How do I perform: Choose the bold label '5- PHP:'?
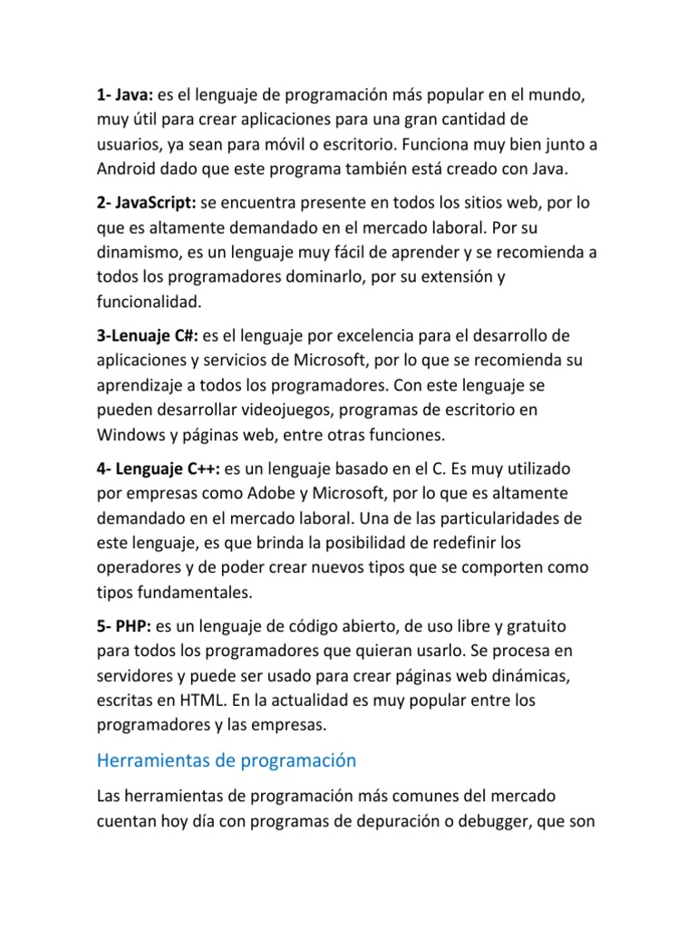pyautogui.click(x=125, y=627)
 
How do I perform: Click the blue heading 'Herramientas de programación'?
pyautogui.click(x=227, y=760)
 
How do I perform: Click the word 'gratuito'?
pyautogui.click(x=530, y=627)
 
